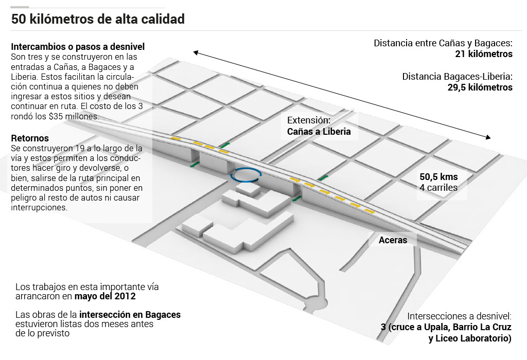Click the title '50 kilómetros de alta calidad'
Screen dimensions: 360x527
tap(98, 20)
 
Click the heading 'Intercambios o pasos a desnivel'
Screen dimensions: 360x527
tap(78, 46)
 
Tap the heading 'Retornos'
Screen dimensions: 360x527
tap(30, 138)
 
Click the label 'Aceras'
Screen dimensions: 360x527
tap(393, 240)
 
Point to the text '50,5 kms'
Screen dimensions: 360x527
tap(438, 177)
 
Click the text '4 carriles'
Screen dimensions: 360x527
tap(438, 188)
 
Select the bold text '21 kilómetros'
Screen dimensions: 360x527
tap(484, 54)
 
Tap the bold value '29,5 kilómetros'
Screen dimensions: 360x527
tap(480, 87)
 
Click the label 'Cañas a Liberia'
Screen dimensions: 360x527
tap(319, 132)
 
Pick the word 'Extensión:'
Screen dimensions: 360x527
tap(308, 120)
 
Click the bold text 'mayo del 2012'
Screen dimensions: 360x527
tap(105, 297)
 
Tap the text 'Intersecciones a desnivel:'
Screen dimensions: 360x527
tap(460, 316)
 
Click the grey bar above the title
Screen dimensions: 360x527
tap(20, 7)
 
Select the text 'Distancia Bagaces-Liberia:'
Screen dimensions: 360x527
tap(457, 77)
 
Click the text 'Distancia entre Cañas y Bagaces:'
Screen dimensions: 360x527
tap(443, 43)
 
